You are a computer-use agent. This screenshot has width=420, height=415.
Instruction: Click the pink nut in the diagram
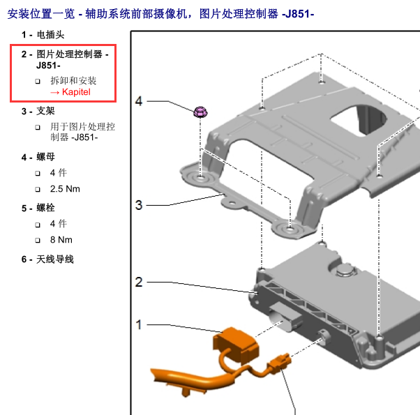click(x=200, y=112)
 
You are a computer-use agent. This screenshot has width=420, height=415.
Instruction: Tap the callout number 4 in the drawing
click(x=139, y=101)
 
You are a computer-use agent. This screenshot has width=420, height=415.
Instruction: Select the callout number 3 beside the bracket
click(x=139, y=205)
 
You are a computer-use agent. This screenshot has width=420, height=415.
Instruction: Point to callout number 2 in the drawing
click(x=139, y=282)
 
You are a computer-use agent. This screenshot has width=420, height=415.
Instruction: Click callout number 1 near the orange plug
click(x=139, y=325)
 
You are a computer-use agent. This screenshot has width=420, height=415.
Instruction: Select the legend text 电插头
click(x=50, y=35)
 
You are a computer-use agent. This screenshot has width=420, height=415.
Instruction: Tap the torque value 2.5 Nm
click(x=65, y=189)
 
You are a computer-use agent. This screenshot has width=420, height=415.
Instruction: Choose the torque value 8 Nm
click(x=61, y=240)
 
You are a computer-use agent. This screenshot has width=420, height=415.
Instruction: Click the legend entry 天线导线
click(x=55, y=259)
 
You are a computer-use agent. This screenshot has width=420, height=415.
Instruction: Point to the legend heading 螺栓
click(x=45, y=208)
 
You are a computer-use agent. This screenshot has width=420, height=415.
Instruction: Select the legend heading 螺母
click(x=45, y=157)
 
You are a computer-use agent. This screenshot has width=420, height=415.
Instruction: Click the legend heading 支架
click(x=45, y=111)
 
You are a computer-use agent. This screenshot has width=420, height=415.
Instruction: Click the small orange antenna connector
click(x=279, y=363)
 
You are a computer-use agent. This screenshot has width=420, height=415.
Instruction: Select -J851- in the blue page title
click(x=298, y=14)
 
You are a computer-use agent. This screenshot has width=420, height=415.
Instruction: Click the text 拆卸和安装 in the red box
click(x=73, y=81)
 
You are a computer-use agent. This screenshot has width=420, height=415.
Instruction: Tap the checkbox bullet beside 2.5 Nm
click(x=38, y=190)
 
